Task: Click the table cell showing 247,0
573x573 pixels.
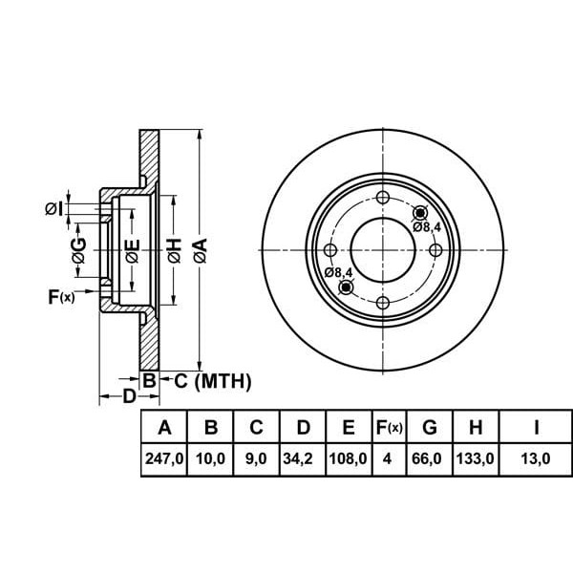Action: pyautogui.click(x=163, y=459)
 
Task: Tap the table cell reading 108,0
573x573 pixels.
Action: pyautogui.click(x=349, y=459)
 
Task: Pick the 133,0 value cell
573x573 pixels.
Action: pyautogui.click(x=475, y=459)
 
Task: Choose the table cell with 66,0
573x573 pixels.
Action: pyautogui.click(x=431, y=459)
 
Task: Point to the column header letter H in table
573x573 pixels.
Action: pyautogui.click(x=475, y=426)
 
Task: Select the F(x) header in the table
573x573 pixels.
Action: pyautogui.click(x=389, y=426)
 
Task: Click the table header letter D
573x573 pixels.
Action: pyautogui.click(x=303, y=426)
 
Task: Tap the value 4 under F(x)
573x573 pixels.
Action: pyautogui.click(x=389, y=459)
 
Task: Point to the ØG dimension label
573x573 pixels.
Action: pyautogui.click(x=79, y=250)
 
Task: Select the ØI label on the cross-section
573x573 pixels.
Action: pyautogui.click(x=54, y=208)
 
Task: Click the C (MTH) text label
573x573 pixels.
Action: pyautogui.click(x=211, y=382)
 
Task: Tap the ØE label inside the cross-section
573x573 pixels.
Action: pyautogui.click(x=133, y=251)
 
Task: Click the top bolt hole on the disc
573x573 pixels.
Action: pyautogui.click(x=383, y=198)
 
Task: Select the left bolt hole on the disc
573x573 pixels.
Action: pyautogui.click(x=330, y=250)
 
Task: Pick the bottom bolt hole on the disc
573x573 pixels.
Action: pyautogui.click(x=383, y=303)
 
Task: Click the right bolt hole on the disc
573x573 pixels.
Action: pyautogui.click(x=435, y=250)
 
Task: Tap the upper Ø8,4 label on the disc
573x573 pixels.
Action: pyautogui.click(x=427, y=227)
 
